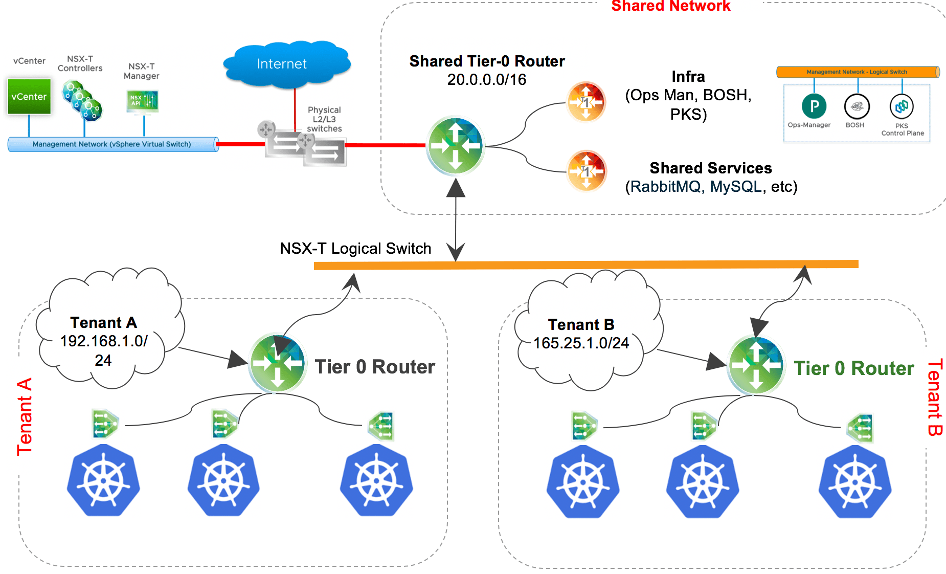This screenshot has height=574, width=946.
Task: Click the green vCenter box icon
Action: (29, 96)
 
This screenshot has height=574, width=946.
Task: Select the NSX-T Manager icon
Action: (142, 101)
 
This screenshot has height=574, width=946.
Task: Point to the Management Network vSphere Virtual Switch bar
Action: (112, 144)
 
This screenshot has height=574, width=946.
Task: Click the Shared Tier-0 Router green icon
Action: (455, 146)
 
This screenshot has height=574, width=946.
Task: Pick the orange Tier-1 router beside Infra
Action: (586, 102)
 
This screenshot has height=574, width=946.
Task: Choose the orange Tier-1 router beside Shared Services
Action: (587, 170)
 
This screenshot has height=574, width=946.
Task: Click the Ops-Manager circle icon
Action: (814, 106)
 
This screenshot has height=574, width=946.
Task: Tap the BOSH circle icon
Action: (857, 106)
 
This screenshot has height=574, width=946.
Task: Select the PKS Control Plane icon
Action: (902, 106)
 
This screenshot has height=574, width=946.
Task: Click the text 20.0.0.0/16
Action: (486, 80)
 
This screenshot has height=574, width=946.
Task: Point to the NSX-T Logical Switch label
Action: (355, 249)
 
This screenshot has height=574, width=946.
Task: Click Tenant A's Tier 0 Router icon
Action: (277, 363)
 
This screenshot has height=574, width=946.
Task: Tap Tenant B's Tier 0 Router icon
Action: (756, 365)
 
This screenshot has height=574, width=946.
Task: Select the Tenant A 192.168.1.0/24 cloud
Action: (105, 333)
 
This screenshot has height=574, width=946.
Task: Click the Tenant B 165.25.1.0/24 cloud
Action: (583, 333)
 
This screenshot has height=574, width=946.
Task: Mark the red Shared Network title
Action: (670, 6)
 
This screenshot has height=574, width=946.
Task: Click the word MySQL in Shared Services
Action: (735, 187)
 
